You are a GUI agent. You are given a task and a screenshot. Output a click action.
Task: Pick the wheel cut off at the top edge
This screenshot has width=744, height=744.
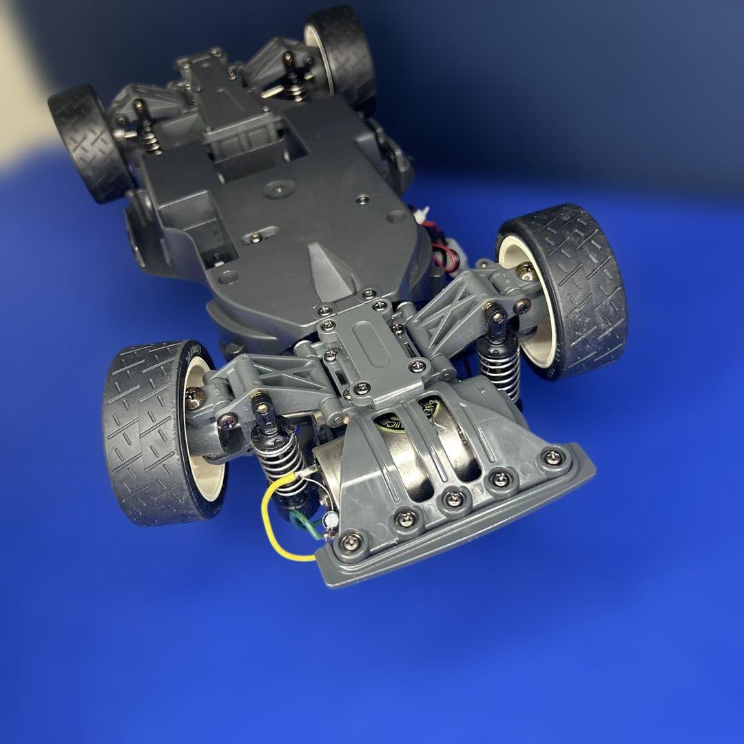pyautogui.click(x=341, y=48)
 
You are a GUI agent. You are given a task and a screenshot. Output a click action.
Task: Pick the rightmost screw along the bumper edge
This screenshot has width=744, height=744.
pyautogui.click(x=551, y=457)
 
